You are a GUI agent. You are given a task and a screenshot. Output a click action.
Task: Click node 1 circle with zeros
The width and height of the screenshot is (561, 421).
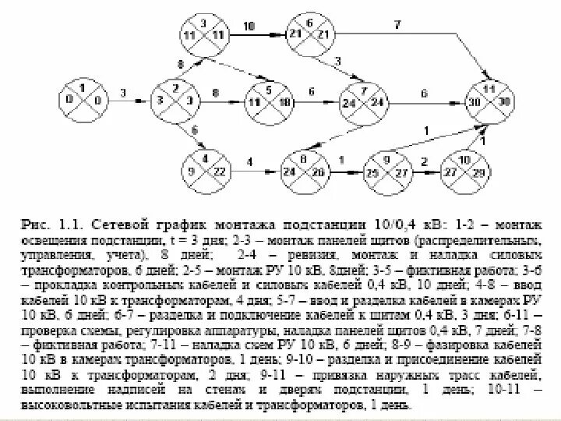click(83, 100)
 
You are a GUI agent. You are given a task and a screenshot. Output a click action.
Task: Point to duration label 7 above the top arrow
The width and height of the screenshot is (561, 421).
click(397, 25)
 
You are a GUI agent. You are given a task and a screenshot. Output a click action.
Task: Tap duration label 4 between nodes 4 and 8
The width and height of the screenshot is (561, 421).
click(250, 162)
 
